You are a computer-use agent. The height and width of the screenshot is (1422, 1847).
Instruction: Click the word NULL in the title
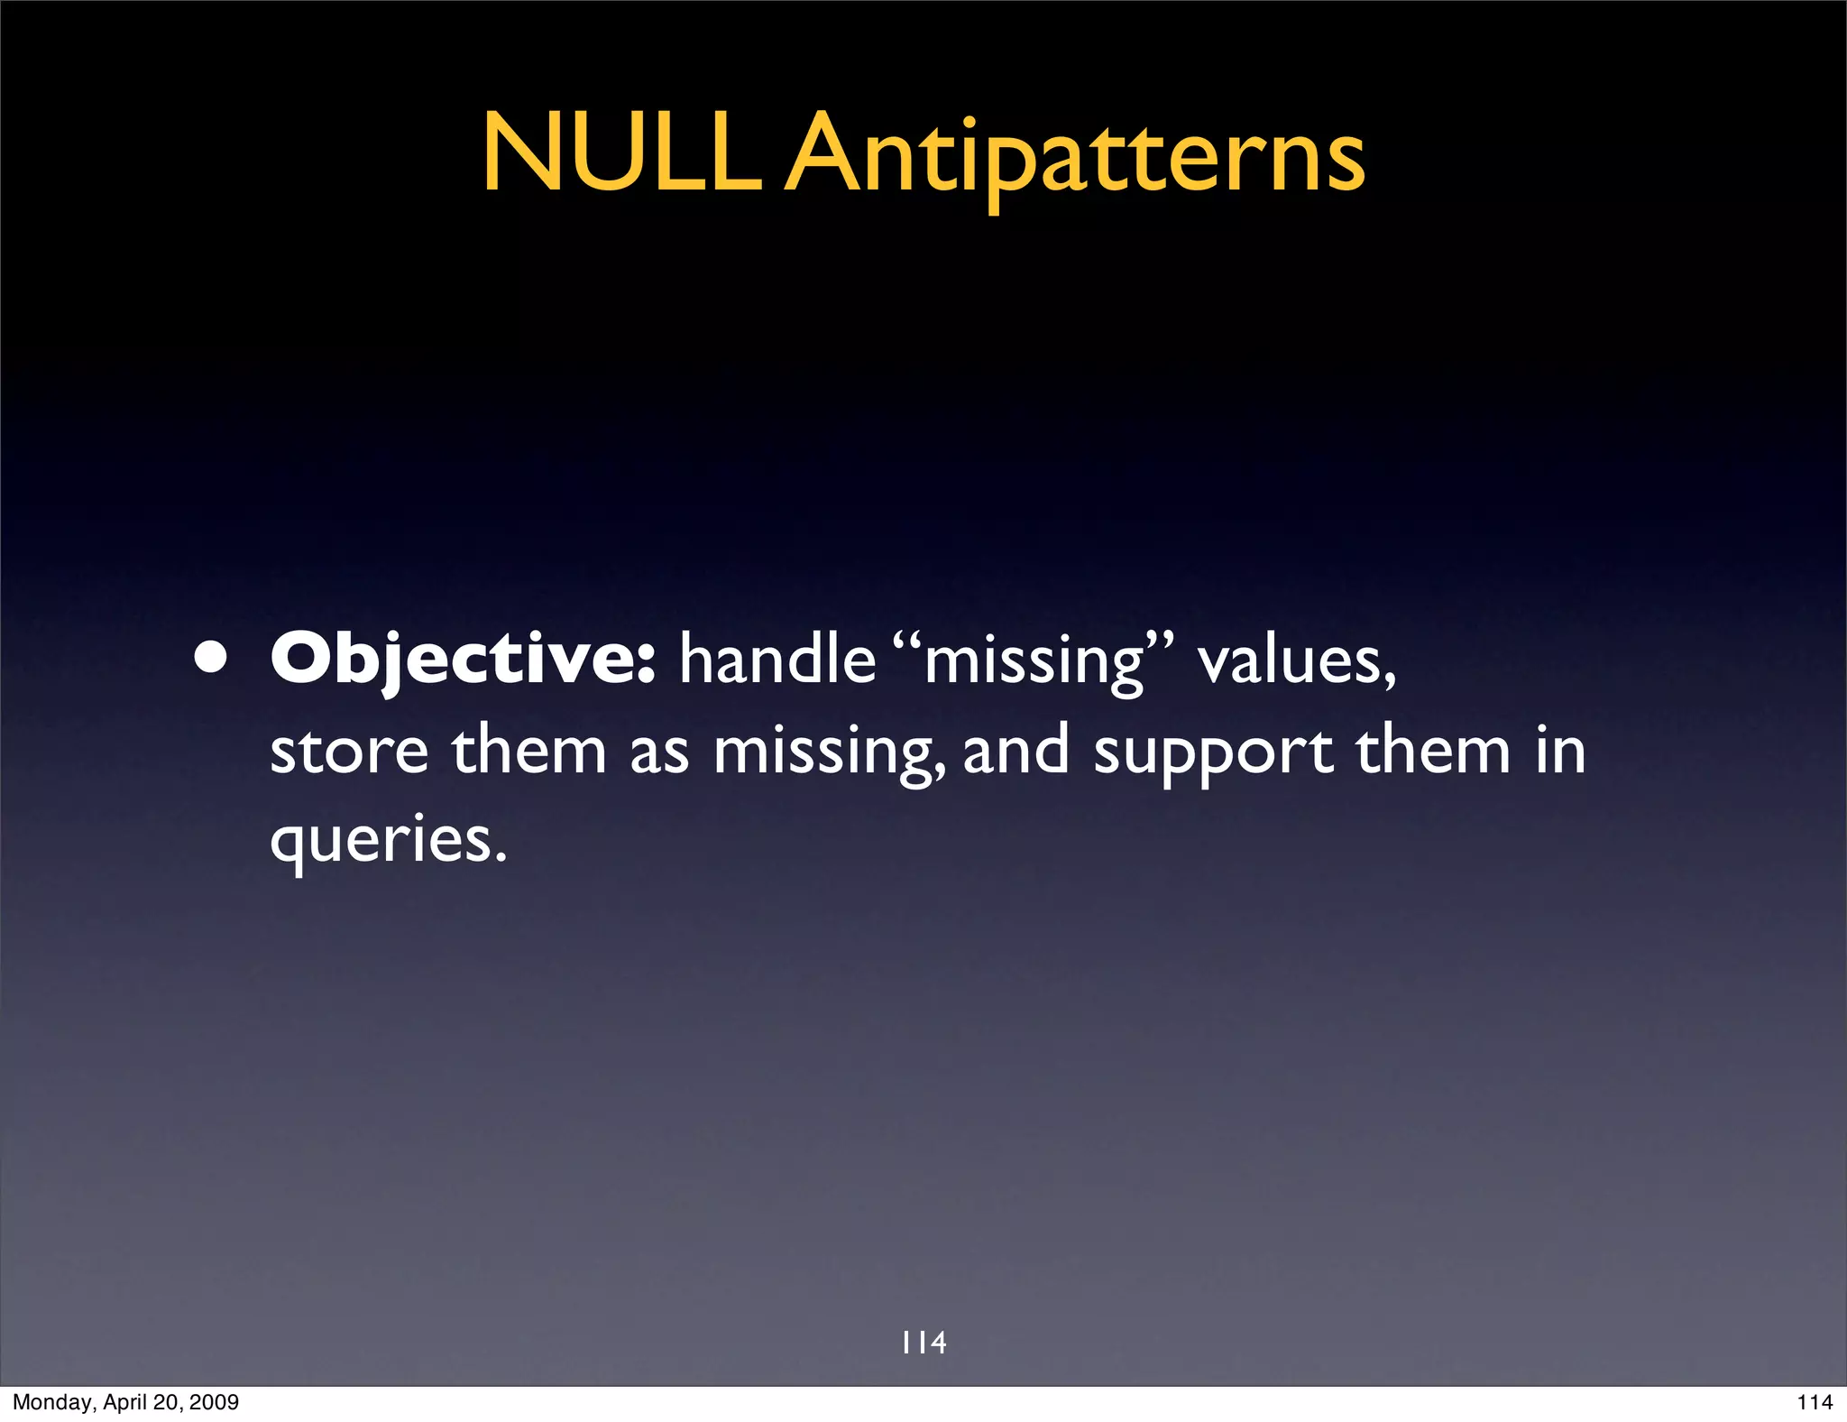620,153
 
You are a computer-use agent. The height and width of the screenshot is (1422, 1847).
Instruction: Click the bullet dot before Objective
210,660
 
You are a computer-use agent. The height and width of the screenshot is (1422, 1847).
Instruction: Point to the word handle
777,660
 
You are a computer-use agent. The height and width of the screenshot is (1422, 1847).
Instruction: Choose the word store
349,751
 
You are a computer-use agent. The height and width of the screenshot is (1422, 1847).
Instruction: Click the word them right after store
529,751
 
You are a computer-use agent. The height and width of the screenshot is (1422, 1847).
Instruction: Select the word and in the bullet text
1016,751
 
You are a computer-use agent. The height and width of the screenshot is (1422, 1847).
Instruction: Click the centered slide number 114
923,1343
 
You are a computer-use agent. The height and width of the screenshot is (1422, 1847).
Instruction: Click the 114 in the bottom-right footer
1815,1402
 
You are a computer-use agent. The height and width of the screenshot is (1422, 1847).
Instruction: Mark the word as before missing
658,753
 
